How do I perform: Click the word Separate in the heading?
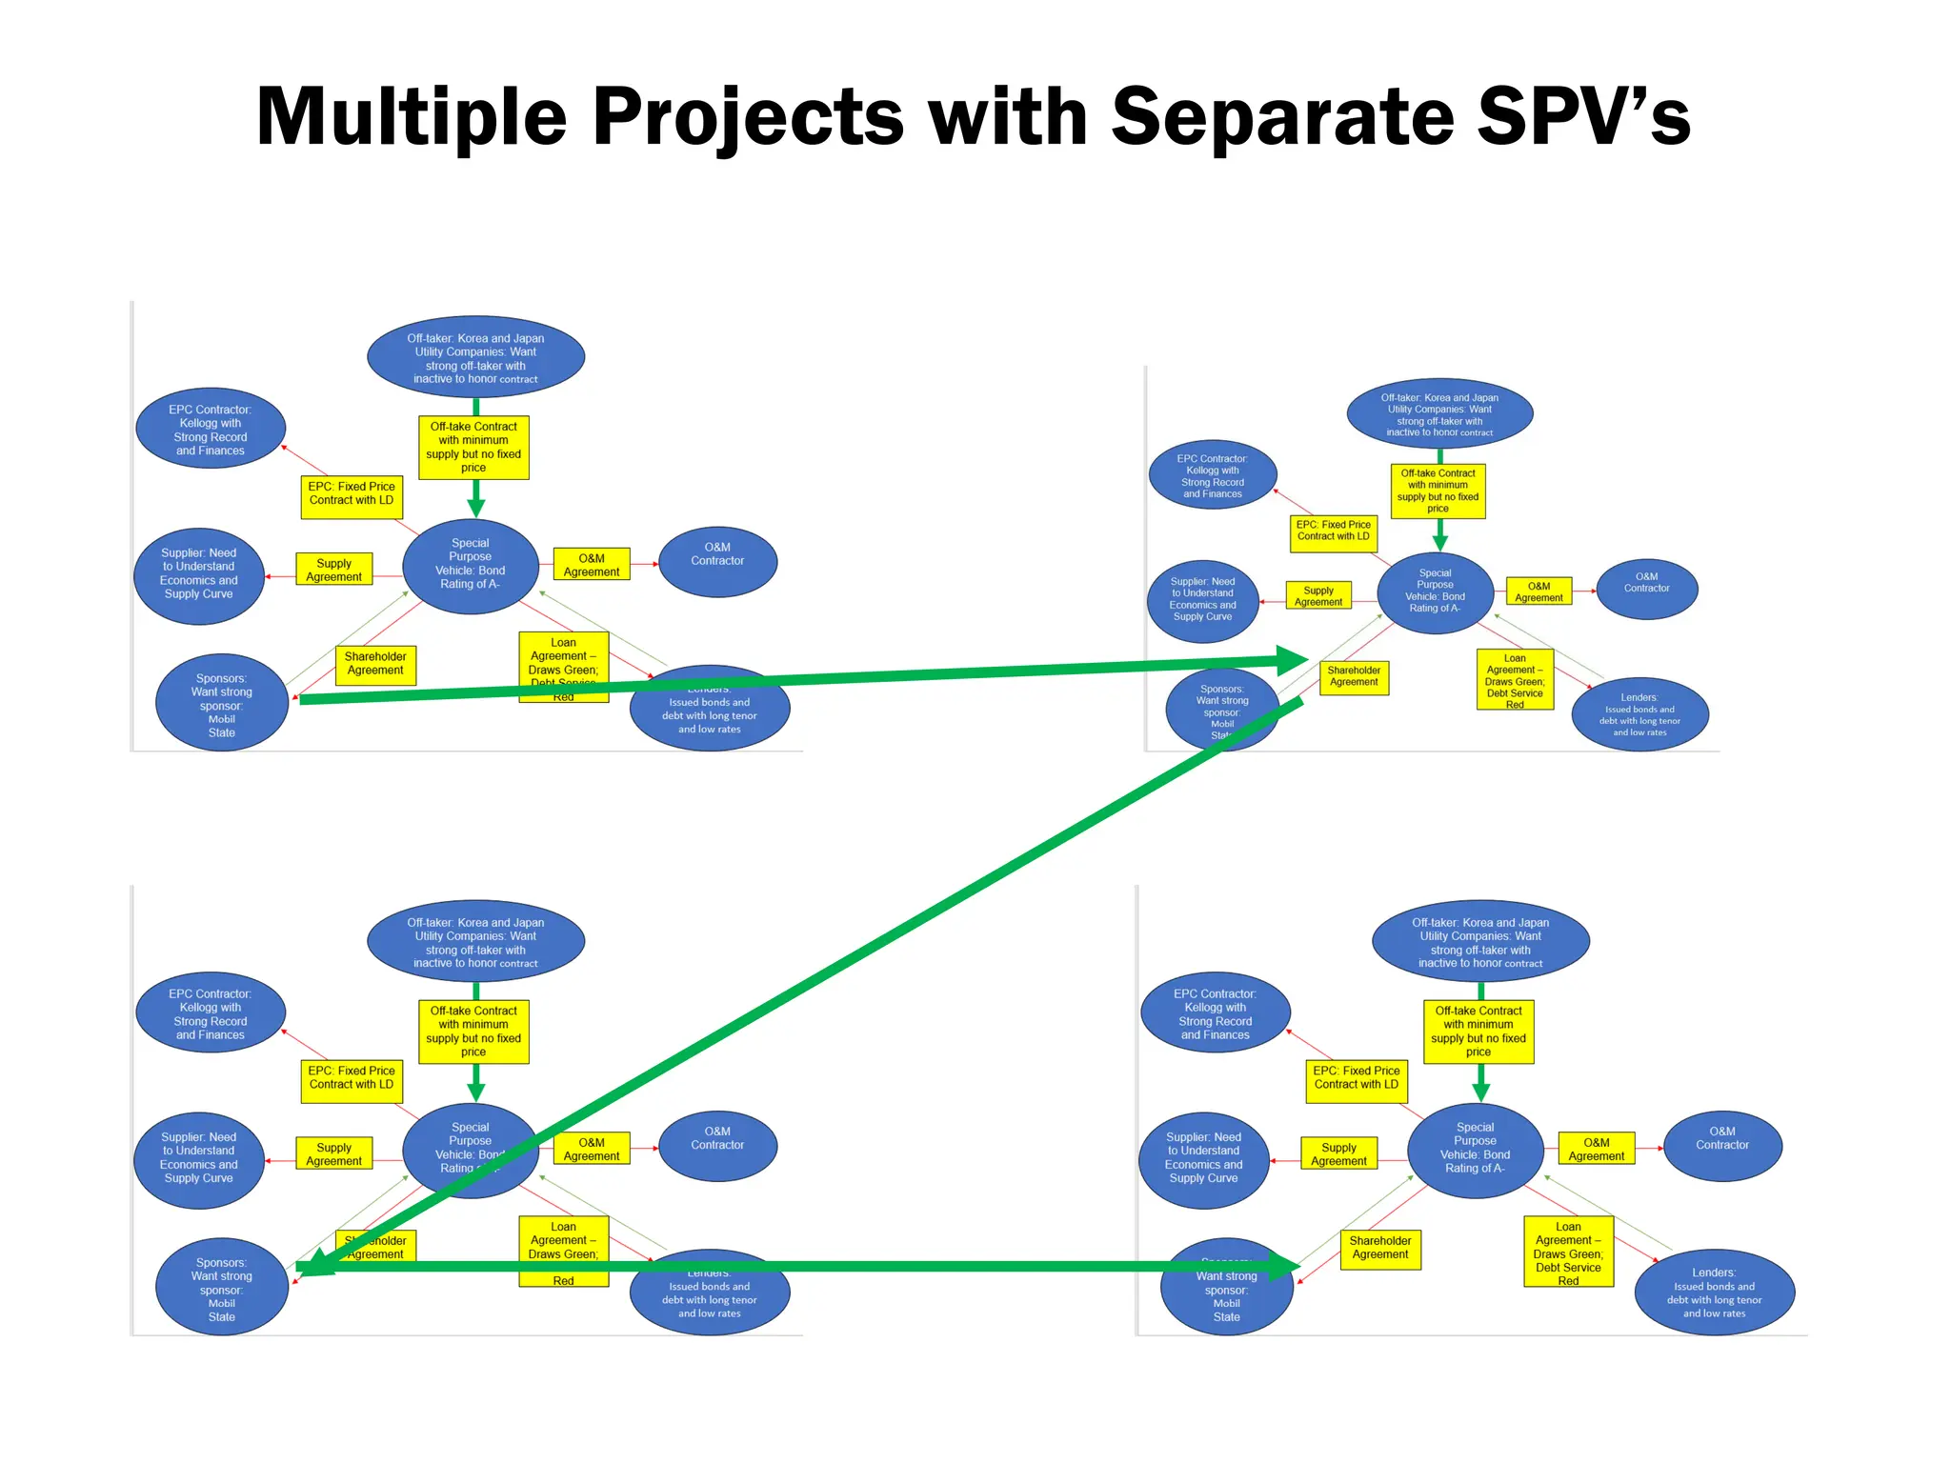1282,117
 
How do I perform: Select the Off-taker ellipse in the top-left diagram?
475,357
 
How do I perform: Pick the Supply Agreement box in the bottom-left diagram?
333,1153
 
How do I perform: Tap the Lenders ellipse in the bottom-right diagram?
1714,1293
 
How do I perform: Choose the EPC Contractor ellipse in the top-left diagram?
211,430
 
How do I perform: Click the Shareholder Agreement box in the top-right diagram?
1354,676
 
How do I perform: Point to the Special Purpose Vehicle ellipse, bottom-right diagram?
1475,1151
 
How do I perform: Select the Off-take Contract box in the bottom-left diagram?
473,1032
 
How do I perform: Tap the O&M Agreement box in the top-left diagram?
591,565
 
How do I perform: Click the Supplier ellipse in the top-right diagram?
1202,600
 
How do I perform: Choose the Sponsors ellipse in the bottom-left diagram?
221,1289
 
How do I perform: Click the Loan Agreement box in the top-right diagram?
1515,679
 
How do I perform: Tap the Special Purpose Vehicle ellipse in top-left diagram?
470,566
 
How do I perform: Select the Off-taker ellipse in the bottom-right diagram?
1479,941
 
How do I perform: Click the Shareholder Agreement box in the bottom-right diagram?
1379,1248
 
